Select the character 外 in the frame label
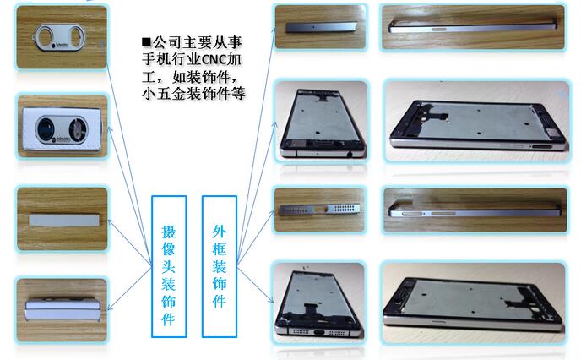click(220, 230)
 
